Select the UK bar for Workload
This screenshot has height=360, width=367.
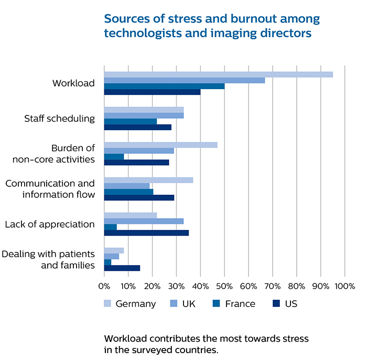pyautogui.click(x=185, y=80)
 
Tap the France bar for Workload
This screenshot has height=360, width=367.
pyautogui.click(x=164, y=86)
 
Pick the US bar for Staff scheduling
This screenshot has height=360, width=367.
pyautogui.click(x=137, y=127)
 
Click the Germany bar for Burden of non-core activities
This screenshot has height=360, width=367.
pyautogui.click(x=160, y=145)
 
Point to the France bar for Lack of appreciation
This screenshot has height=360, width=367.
pyautogui.click(x=110, y=227)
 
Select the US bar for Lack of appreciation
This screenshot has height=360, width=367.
pyautogui.click(x=146, y=232)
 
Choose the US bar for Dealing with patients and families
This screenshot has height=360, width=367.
pyautogui.click(x=122, y=268)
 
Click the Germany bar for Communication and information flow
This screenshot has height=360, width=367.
pyautogui.click(x=148, y=180)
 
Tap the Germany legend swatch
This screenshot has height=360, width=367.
pyautogui.click(x=107, y=303)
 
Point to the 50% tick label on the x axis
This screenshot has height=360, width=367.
pyautogui.click(x=224, y=287)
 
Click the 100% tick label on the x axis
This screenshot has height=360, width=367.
pyautogui.click(x=344, y=287)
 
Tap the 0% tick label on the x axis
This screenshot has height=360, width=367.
pyautogui.click(x=104, y=287)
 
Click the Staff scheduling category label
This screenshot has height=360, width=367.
pyautogui.click(x=59, y=118)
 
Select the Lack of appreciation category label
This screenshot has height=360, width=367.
pyautogui.click(x=50, y=224)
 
